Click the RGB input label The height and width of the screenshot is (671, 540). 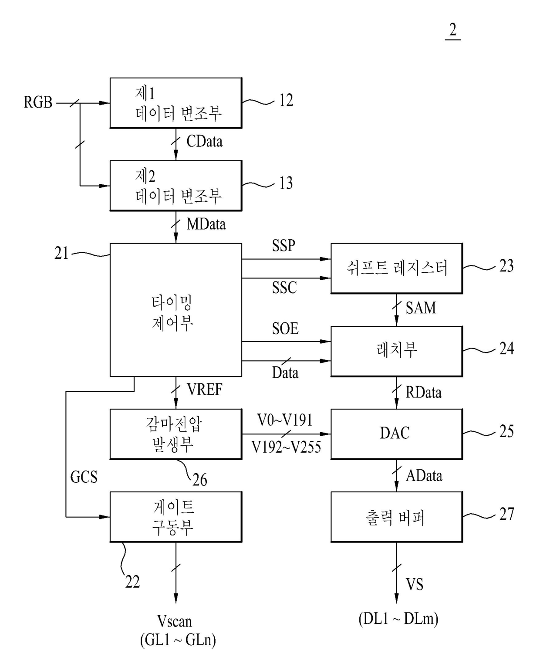(38, 102)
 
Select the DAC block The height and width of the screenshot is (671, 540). (396, 434)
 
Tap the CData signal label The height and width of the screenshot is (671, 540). (204, 142)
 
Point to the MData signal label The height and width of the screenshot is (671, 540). (206, 224)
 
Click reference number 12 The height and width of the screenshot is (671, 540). (286, 100)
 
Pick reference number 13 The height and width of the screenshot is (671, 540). (286, 183)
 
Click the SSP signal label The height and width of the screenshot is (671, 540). (283, 245)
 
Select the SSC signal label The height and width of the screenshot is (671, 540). (284, 288)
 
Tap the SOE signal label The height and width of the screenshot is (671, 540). (285, 329)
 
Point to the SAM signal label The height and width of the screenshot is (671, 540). (421, 308)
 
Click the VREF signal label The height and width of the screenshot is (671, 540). (204, 390)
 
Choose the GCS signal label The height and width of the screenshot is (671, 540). (84, 477)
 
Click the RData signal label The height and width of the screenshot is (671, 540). (423, 392)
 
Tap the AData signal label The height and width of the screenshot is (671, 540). (424, 476)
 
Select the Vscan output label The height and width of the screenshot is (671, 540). (174, 621)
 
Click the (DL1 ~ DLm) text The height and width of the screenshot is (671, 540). (398, 619)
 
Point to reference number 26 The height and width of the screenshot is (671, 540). (200, 480)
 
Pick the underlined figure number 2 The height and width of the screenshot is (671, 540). (453, 30)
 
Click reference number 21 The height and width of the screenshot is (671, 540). (61, 253)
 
